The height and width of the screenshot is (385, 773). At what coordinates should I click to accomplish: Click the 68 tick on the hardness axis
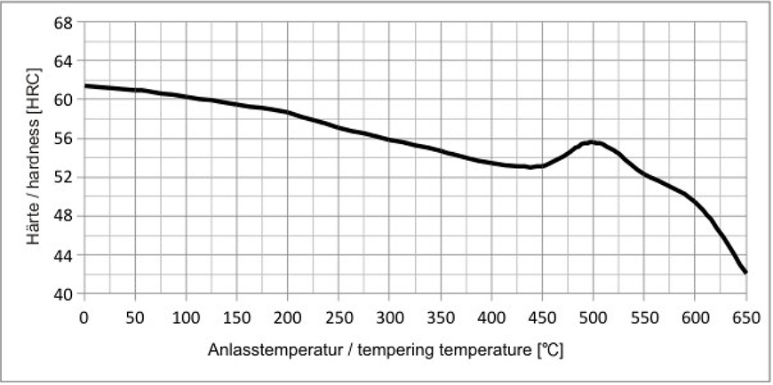tap(62, 21)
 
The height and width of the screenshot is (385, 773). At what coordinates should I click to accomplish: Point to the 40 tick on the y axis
tap(62, 294)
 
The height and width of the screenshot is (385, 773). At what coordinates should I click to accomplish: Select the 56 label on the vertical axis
tap(62, 138)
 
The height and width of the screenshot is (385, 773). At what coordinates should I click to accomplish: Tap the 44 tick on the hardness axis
tap(62, 255)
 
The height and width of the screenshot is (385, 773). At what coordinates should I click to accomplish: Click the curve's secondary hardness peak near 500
tap(591, 141)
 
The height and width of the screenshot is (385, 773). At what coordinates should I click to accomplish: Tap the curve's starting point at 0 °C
tap(85, 85)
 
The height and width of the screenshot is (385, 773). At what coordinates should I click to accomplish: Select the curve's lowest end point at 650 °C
tap(745, 272)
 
